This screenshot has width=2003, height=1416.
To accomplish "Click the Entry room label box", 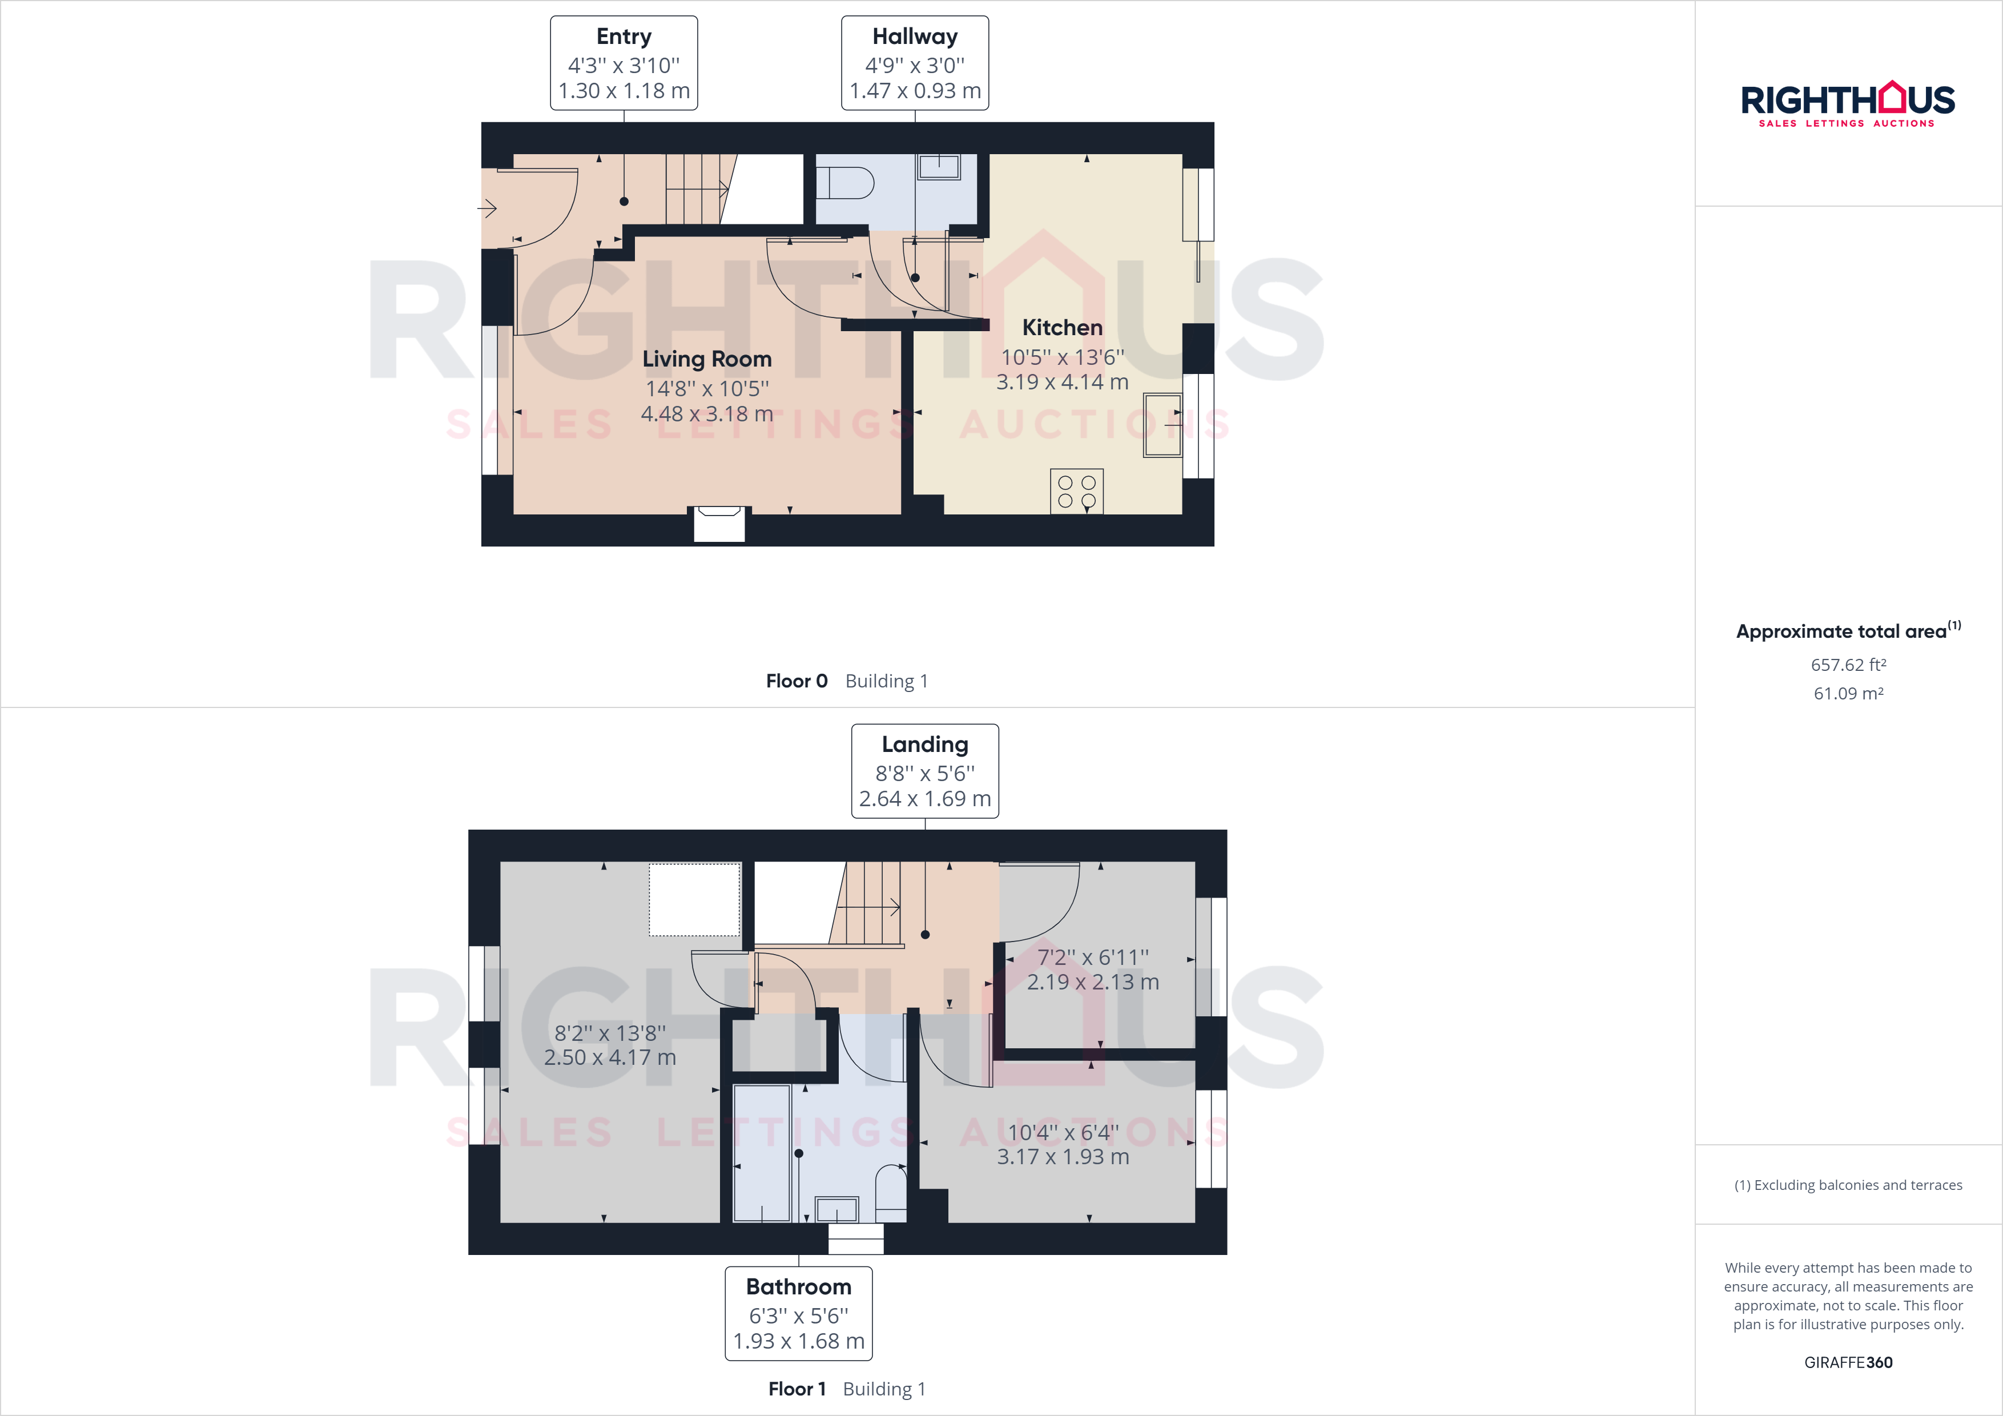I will click(x=624, y=63).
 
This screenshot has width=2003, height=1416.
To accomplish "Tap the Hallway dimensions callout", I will click(x=914, y=63).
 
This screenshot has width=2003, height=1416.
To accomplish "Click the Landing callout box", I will click(x=925, y=771).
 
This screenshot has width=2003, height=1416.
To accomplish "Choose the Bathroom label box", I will click(x=798, y=1313).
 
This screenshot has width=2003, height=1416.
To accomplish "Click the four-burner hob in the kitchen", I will click(x=1076, y=491).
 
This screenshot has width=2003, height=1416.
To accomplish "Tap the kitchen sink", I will click(x=1162, y=425).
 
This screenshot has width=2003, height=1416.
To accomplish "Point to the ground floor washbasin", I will click(x=939, y=167).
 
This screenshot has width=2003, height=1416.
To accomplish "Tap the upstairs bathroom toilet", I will click(x=891, y=1192).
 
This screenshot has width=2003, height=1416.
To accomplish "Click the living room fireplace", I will click(x=719, y=524).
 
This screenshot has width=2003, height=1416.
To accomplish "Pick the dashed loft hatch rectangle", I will click(x=694, y=899).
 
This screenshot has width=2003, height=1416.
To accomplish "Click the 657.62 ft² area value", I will click(x=1848, y=665).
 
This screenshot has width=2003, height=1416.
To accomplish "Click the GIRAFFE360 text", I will click(x=1848, y=1362).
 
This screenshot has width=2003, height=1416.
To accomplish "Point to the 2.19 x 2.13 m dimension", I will click(x=1092, y=983).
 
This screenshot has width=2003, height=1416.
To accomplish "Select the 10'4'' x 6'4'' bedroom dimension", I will click(x=1063, y=1132).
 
